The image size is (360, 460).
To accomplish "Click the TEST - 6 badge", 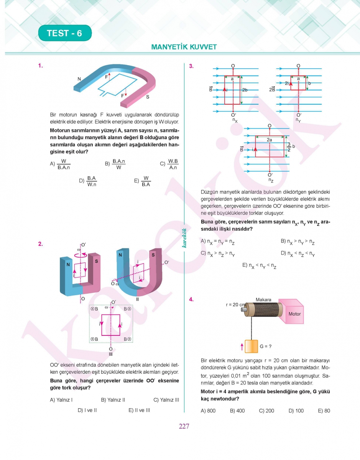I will click(65, 33).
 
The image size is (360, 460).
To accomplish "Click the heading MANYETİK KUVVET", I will click(184, 47).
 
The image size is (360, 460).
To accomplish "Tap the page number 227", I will click(184, 426).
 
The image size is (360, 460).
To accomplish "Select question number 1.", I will click(40, 66).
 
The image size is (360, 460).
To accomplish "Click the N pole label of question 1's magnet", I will click(79, 79).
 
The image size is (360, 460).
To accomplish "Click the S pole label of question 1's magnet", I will click(148, 97).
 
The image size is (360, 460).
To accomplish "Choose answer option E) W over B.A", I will click(142, 181).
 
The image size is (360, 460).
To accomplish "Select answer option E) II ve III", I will click(139, 410).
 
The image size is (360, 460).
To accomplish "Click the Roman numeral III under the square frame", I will click(110, 355).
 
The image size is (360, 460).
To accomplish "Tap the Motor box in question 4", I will click(294, 314).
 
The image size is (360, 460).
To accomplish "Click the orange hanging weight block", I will click(252, 346).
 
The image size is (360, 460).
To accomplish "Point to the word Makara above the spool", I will click(263, 300).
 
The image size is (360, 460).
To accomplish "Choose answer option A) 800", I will click(208, 411).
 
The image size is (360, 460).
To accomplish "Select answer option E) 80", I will click(324, 411).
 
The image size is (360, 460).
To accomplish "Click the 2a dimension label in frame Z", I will click(270, 140).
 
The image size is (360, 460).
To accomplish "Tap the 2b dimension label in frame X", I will click(245, 90).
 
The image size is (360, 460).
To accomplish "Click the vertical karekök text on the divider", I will click(184, 238).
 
